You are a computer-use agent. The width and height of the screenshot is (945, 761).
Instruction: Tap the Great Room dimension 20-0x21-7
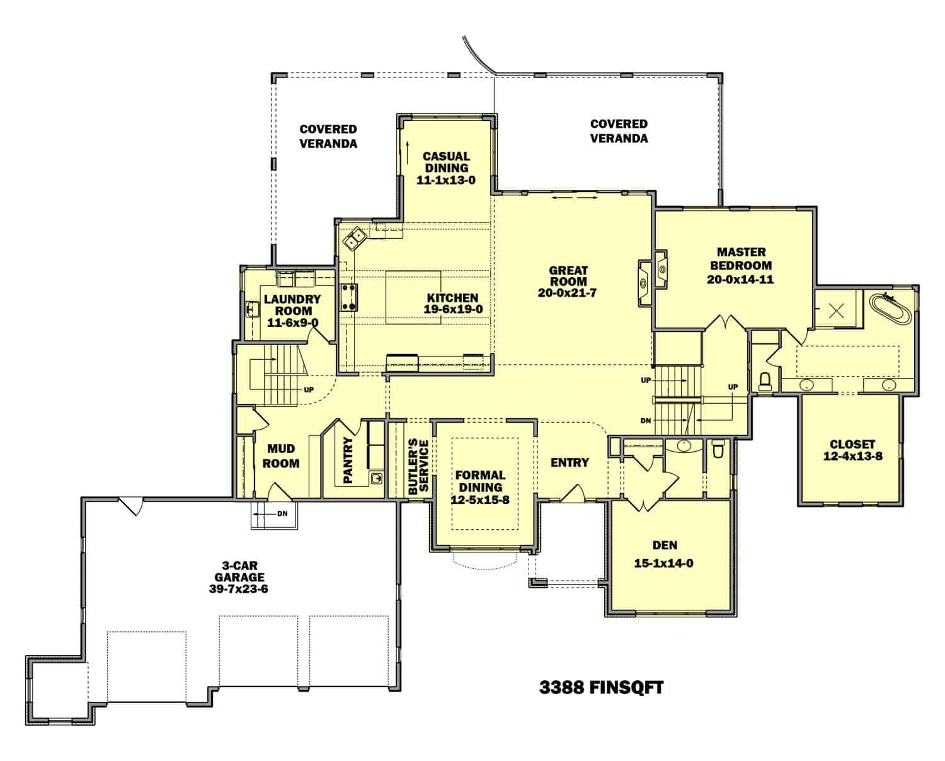click(x=567, y=293)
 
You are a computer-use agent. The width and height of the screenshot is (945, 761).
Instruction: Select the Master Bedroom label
click(x=742, y=259)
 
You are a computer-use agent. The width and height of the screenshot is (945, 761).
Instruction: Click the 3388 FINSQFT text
click(x=601, y=687)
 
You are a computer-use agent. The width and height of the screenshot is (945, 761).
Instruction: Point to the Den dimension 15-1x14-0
click(x=663, y=563)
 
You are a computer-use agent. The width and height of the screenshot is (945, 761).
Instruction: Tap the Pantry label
click(x=348, y=461)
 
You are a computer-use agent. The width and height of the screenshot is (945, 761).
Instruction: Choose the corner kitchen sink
click(x=355, y=239)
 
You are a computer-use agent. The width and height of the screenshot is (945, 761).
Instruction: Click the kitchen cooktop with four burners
click(x=350, y=297)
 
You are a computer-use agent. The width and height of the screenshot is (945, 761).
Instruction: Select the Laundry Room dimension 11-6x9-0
click(x=293, y=323)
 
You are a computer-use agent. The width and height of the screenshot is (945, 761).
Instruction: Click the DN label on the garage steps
click(x=282, y=513)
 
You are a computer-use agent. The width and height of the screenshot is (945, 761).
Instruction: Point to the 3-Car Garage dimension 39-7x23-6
click(x=238, y=589)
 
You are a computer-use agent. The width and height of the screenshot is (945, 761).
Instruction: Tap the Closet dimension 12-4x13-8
click(x=852, y=456)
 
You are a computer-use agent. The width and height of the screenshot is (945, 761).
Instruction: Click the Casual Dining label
click(x=446, y=162)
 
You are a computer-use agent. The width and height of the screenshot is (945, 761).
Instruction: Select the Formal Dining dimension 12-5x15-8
click(x=480, y=500)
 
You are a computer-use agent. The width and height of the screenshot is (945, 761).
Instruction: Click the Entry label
click(x=570, y=462)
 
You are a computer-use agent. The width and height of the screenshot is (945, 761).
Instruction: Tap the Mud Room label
click(x=281, y=456)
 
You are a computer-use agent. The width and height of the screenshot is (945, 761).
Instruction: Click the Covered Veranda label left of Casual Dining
click(x=328, y=136)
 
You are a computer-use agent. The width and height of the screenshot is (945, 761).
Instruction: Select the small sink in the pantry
click(x=376, y=478)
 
